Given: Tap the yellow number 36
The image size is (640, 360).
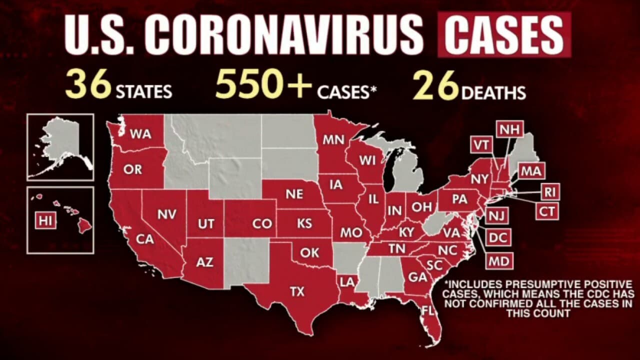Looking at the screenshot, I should tap(88, 85).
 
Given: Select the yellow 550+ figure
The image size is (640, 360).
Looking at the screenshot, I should tap(263, 85).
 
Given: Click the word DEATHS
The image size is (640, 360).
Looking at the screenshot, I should tap(493, 92).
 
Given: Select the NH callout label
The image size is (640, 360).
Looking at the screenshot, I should tap(509, 129).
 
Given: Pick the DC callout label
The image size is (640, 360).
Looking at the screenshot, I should tap(498, 238).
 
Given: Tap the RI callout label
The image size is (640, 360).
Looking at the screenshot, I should tap(549, 191).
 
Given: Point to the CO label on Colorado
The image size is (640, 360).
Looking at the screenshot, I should tap(261, 224).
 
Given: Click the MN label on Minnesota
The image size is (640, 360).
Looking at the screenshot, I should tap(332, 139).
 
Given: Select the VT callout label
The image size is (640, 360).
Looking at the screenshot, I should tap(482, 145).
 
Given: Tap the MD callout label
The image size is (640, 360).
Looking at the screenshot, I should tap(498, 261).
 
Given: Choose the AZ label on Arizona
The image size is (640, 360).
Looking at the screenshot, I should tap(204, 261).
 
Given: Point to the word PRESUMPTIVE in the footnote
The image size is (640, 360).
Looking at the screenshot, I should tap(547, 284).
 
